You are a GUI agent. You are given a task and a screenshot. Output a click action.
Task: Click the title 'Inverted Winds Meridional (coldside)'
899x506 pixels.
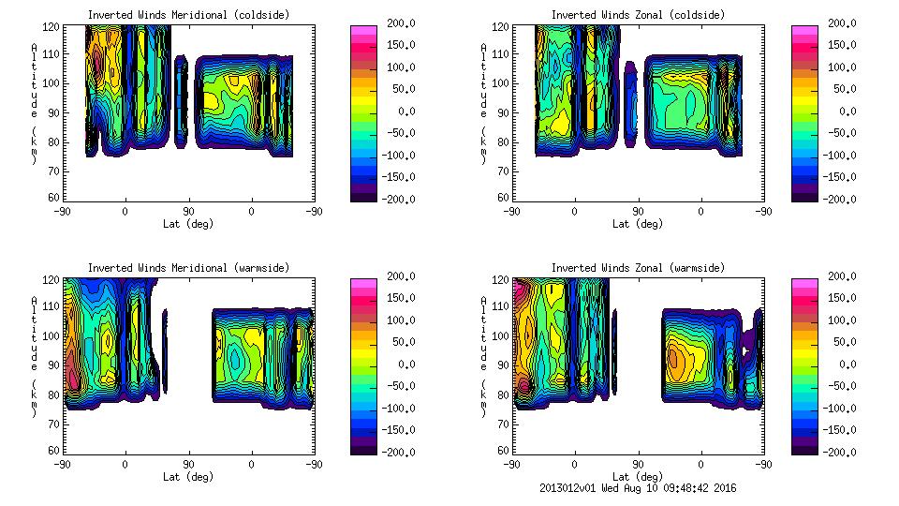click(188, 15)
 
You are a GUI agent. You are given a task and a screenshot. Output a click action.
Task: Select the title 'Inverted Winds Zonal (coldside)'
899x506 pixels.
click(638, 15)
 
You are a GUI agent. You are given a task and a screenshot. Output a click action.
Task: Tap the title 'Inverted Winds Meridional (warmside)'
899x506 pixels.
click(188, 268)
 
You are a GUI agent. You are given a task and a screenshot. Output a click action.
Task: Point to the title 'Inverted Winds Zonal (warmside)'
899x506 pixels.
click(638, 268)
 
